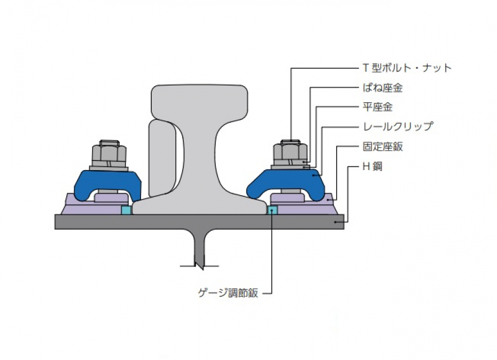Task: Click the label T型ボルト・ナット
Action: click(407, 68)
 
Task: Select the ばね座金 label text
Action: click(383, 88)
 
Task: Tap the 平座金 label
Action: click(377, 107)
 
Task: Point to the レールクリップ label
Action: click(398, 127)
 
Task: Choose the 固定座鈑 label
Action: click(383, 147)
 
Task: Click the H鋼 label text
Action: click(372, 166)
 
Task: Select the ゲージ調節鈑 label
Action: click(228, 293)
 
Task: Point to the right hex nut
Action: click(290, 154)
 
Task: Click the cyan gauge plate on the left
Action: click(127, 210)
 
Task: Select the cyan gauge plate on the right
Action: click(273, 210)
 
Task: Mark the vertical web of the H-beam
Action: click(199, 248)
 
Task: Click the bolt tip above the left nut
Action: click(110, 142)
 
